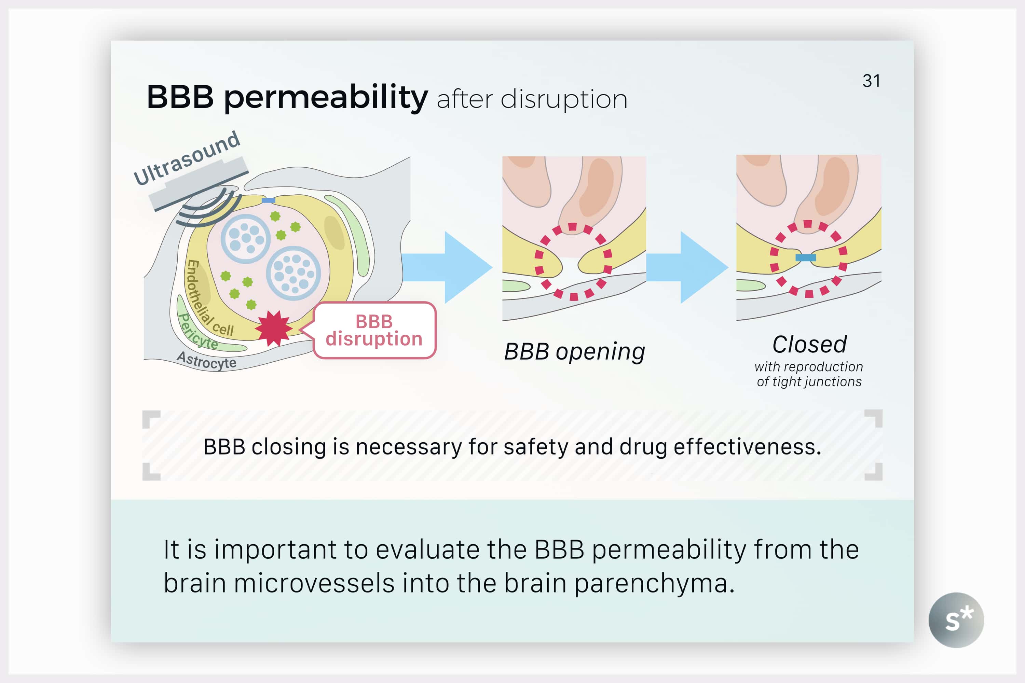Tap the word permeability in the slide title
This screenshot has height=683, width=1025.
(326, 98)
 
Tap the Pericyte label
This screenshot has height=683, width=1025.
(198, 332)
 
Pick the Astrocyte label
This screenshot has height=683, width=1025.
(207, 360)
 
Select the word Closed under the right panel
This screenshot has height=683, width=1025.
(809, 345)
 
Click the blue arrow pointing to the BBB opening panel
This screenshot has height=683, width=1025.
(449, 267)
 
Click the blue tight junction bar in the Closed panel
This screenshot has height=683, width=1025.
(805, 258)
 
